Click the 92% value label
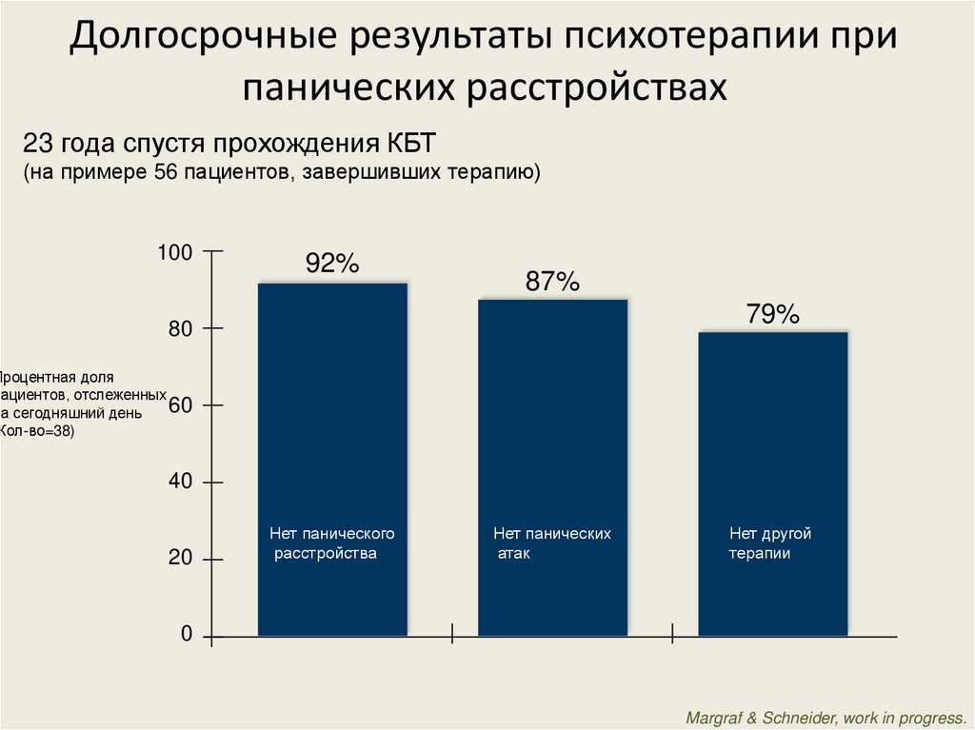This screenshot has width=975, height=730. [331, 265]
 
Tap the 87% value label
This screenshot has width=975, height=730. [552, 282]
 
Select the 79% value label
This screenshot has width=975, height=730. [772, 314]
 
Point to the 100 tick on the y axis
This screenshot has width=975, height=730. [175, 253]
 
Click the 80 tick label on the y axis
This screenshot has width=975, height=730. [181, 329]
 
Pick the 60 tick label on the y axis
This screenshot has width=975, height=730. [181, 406]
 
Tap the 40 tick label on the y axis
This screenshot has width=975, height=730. [181, 483]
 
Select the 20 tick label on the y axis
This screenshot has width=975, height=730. [181, 559]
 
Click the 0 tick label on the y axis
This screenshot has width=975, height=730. [187, 635]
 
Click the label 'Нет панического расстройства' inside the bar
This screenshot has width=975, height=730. [331, 543]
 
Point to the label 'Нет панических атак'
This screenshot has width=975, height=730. [551, 543]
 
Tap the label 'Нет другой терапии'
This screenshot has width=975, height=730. [770, 543]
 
